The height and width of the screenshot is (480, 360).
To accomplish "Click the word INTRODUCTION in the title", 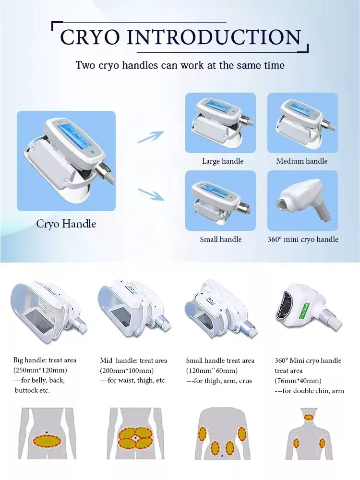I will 216,37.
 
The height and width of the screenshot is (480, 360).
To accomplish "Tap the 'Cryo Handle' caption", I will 66,224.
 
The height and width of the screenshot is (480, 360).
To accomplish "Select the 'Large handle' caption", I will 223,161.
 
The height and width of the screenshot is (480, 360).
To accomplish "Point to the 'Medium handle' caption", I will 302,161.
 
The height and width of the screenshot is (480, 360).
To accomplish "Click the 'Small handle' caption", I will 221,239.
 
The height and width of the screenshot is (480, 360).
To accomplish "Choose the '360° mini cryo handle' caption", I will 303,239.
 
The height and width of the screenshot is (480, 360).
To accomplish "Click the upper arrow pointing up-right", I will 151,136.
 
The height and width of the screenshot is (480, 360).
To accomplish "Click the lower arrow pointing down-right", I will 151,193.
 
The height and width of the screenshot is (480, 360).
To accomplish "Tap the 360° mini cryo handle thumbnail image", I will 303,201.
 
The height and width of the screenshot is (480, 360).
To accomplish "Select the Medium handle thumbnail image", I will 303,123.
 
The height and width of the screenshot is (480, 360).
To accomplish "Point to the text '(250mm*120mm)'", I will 40,370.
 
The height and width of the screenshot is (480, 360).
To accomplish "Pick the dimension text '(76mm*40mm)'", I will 298,381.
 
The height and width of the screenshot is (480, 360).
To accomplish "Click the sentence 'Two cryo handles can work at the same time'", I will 180,65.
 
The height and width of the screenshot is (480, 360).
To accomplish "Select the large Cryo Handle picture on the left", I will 66,161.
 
